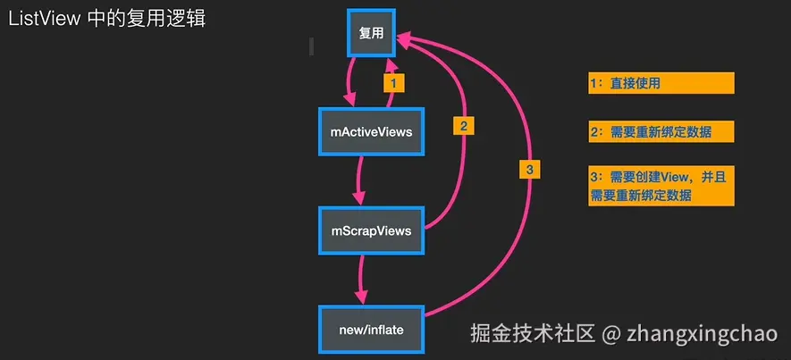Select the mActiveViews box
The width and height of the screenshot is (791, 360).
point(371,131)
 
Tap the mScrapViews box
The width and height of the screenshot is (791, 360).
point(371,230)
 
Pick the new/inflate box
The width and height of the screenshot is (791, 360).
point(371,330)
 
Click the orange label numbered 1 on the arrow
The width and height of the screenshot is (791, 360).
point(394,82)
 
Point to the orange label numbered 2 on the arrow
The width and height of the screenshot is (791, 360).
point(462,126)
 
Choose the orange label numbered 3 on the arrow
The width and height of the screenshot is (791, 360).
point(529,170)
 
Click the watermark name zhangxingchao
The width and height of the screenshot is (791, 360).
point(704,335)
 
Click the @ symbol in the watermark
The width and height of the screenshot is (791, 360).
point(610,335)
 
